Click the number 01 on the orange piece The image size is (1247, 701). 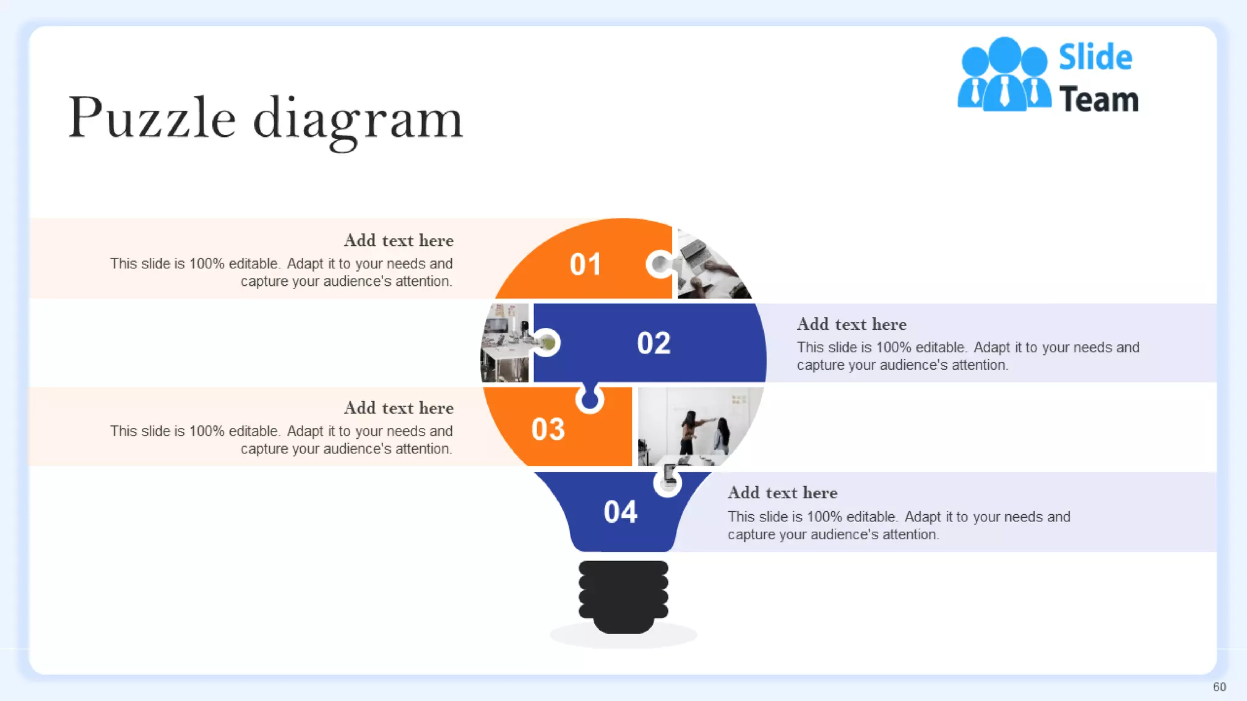(585, 265)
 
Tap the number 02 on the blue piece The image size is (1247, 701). (653, 343)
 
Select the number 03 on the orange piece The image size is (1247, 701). (548, 430)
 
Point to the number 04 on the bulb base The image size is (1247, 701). (620, 512)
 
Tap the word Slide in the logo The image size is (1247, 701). (1095, 58)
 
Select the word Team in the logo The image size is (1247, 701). (1099, 100)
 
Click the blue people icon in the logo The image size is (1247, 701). (1004, 75)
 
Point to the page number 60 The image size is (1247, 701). (1219, 687)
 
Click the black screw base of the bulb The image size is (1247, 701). (623, 596)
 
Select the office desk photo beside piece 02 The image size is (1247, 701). (505, 343)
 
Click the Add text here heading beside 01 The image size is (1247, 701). (399, 241)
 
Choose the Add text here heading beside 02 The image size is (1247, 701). (851, 324)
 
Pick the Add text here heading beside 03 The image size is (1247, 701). (399, 408)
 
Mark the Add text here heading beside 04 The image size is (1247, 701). (782, 493)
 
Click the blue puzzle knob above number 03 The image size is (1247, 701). (589, 400)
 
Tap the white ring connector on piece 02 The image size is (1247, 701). (547, 343)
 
